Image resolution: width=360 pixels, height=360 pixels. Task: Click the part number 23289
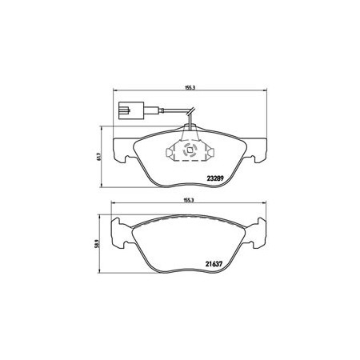[x=215, y=178]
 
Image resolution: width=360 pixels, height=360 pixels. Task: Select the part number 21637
[x=214, y=264]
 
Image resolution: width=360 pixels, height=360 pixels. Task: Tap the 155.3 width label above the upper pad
[x=190, y=87]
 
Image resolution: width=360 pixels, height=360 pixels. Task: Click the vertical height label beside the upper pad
[x=98, y=156]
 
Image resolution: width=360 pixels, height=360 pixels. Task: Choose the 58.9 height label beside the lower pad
[x=97, y=244]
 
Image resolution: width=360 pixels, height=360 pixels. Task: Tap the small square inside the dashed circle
[x=190, y=150]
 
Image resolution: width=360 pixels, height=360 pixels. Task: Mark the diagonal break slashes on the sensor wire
[x=191, y=111]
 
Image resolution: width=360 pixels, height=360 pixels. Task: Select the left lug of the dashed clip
[x=170, y=152]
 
